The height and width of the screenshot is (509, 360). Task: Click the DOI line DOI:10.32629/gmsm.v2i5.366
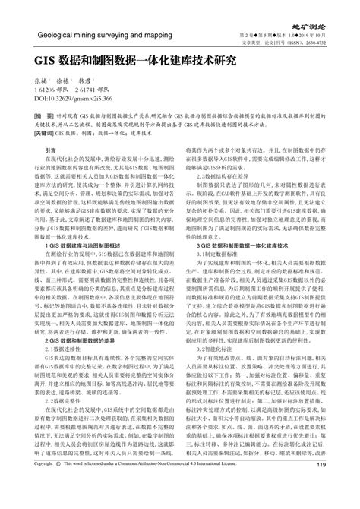click(74, 98)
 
